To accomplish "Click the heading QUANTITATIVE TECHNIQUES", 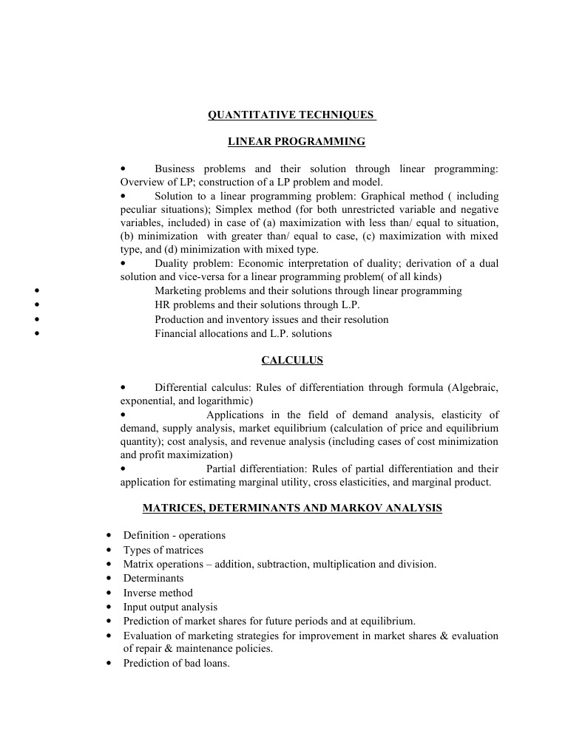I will pos(291,115).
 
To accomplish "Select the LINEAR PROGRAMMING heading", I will pos(296,141).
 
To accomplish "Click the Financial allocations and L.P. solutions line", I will pos(243,333).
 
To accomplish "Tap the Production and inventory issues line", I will pos(271,319).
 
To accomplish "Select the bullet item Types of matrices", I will pos(163,550).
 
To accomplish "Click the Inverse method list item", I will pos(158,593).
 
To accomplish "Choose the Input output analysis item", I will pos(170,607).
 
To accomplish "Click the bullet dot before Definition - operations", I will pos(109,535).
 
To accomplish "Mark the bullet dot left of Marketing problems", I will pos(37,291).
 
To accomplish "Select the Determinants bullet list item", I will pos(153,578).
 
